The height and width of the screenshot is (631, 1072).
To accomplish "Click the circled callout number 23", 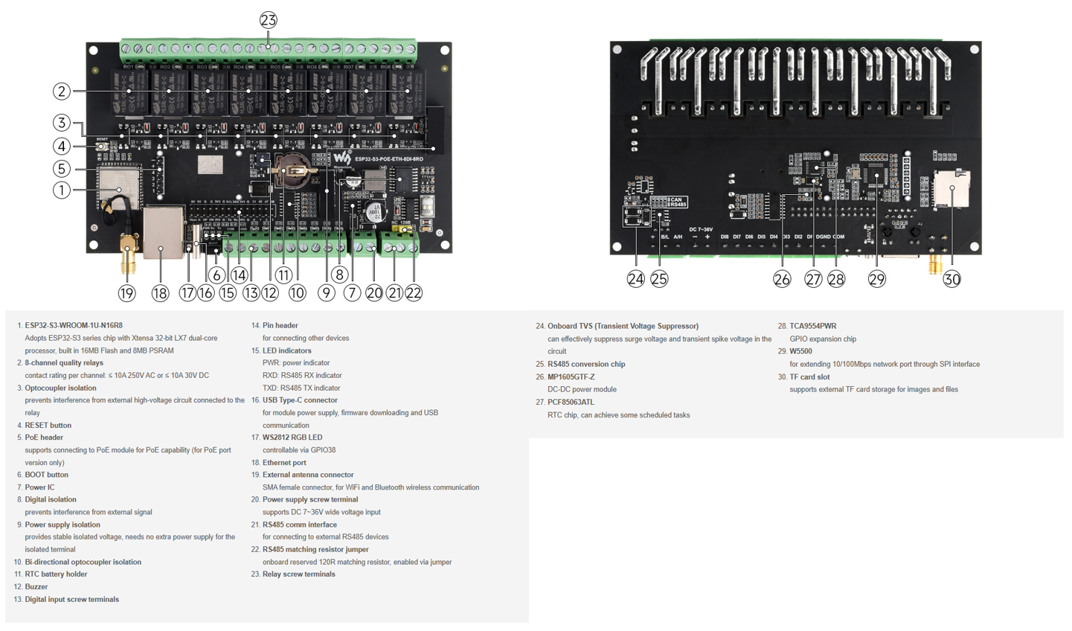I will click(269, 20).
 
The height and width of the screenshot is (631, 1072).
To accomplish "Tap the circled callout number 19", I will click(127, 293).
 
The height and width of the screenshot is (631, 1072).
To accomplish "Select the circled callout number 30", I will click(951, 279).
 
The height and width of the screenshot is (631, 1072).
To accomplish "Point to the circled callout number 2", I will click(62, 92).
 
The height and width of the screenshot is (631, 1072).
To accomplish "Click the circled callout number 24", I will click(635, 279).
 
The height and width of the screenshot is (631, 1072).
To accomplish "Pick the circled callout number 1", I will click(62, 190).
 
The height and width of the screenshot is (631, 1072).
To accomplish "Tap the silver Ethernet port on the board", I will click(162, 232).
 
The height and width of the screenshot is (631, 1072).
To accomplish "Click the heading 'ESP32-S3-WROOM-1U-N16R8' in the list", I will click(74, 325).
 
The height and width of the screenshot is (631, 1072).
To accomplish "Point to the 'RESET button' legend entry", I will click(48, 426).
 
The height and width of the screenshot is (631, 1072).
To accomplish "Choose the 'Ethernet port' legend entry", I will click(284, 463).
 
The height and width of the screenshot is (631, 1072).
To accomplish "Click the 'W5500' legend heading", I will click(800, 351).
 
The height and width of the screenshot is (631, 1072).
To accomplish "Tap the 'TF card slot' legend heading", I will click(809, 377).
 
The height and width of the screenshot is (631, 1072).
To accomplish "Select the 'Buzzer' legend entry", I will click(36, 587).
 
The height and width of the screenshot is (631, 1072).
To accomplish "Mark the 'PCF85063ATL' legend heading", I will click(571, 403).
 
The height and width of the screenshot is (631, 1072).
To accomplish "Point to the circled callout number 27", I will click(813, 279).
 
